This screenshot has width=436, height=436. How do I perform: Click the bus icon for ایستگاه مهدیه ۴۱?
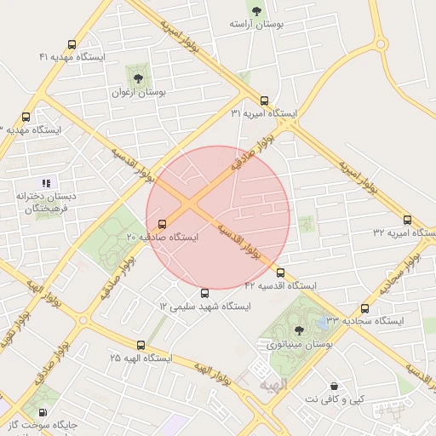[x=72, y=45]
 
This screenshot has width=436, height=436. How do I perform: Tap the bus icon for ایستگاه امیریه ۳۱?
[x=264, y=100]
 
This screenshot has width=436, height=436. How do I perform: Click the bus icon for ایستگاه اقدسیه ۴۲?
[x=281, y=273]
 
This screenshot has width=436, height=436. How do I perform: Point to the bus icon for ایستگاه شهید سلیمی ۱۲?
[x=204, y=294]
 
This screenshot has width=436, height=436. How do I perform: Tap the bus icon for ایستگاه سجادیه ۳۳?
[x=365, y=308]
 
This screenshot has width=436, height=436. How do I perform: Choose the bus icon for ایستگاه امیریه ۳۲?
[x=407, y=220]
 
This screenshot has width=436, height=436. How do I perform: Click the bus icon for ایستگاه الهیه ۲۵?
[x=141, y=346]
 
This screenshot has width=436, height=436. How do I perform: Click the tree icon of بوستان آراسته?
[x=255, y=11]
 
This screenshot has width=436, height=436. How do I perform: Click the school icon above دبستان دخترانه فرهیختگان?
[x=47, y=183]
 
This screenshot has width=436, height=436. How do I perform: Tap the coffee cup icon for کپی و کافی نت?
[x=334, y=386]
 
